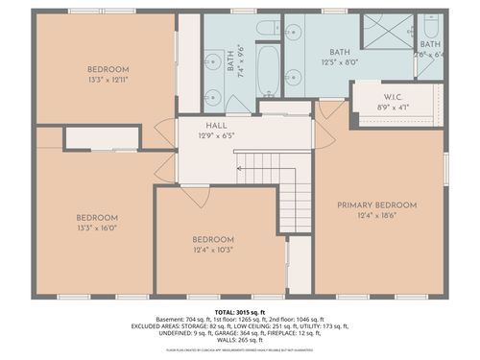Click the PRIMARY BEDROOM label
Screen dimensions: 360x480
376,205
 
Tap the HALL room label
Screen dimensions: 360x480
216,126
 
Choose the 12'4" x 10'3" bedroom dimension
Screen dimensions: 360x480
212,250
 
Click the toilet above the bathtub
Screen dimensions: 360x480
268,25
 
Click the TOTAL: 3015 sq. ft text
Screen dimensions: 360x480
239,312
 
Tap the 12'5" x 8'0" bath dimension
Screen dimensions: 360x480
339,62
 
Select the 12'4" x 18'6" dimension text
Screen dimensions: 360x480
376,216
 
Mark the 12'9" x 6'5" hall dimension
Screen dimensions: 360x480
216,136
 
